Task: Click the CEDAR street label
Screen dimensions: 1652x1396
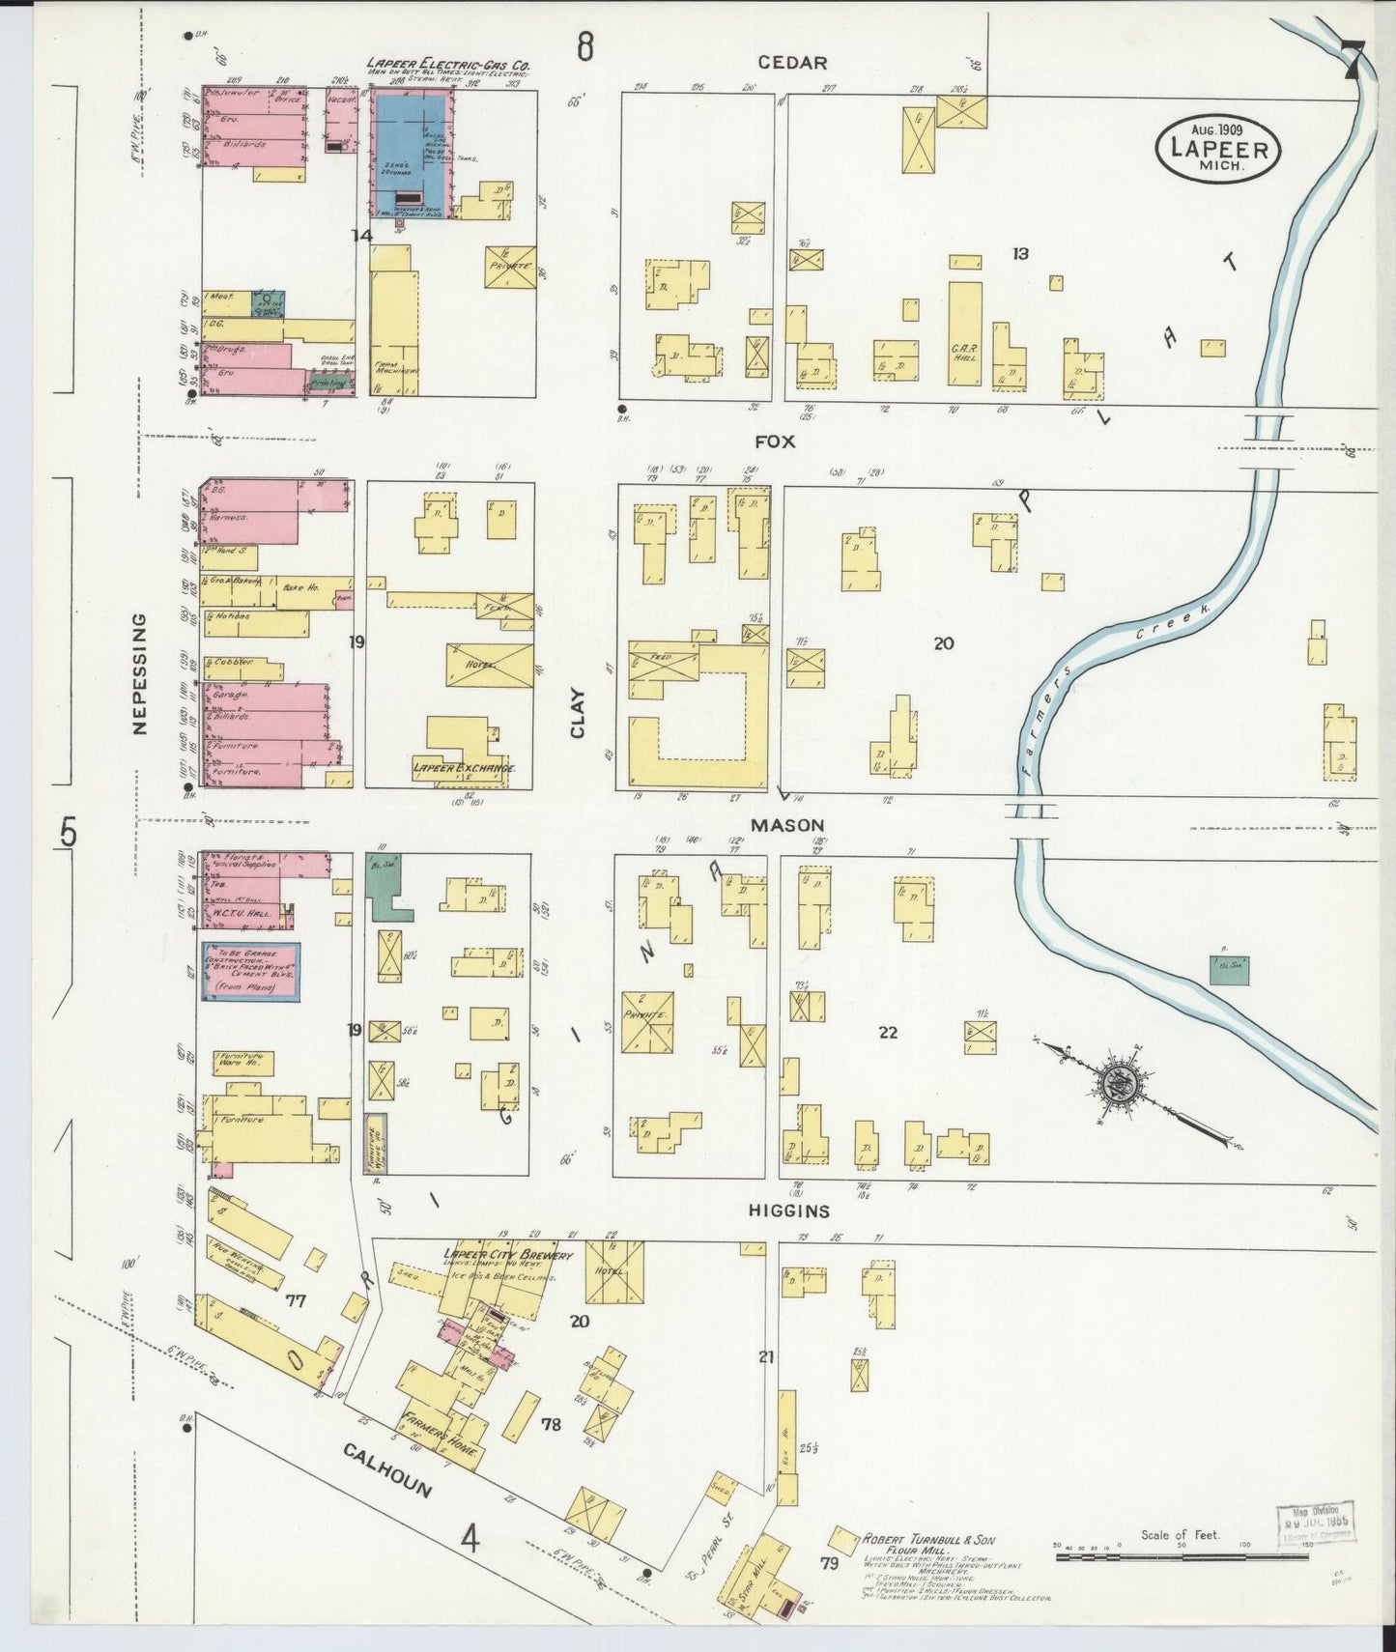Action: pyautogui.click(x=792, y=63)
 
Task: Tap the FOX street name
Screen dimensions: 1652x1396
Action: pyautogui.click(x=775, y=441)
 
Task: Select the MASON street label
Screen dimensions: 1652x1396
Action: pyautogui.click(x=787, y=825)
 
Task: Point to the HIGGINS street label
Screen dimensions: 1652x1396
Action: pyautogui.click(x=789, y=1211)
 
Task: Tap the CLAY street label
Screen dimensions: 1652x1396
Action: pyautogui.click(x=578, y=713)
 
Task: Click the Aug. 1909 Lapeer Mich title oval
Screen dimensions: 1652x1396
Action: pyautogui.click(x=1217, y=148)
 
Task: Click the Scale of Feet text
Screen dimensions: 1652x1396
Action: pyautogui.click(x=1181, y=1533)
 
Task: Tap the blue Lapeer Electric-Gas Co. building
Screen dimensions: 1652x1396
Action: pyautogui.click(x=411, y=155)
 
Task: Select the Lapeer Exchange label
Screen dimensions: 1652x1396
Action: pyautogui.click(x=464, y=768)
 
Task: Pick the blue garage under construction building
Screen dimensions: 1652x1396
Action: pyautogui.click(x=250, y=971)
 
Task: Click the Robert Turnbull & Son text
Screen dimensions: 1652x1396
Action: pyautogui.click(x=927, y=1540)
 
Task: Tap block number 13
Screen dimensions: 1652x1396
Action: pyautogui.click(x=1020, y=253)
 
